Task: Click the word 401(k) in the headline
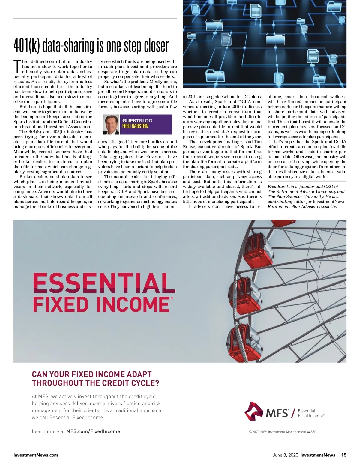27,46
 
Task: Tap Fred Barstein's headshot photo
111,124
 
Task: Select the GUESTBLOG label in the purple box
137,121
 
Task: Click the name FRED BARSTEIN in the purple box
135,126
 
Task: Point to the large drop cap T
17,66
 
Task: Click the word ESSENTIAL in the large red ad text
104,283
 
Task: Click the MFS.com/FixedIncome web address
93,431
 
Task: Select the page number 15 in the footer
343,455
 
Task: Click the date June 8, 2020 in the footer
285,455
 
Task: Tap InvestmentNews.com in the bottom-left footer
36,455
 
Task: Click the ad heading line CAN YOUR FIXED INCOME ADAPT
92,374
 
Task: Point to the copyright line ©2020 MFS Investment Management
284,432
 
